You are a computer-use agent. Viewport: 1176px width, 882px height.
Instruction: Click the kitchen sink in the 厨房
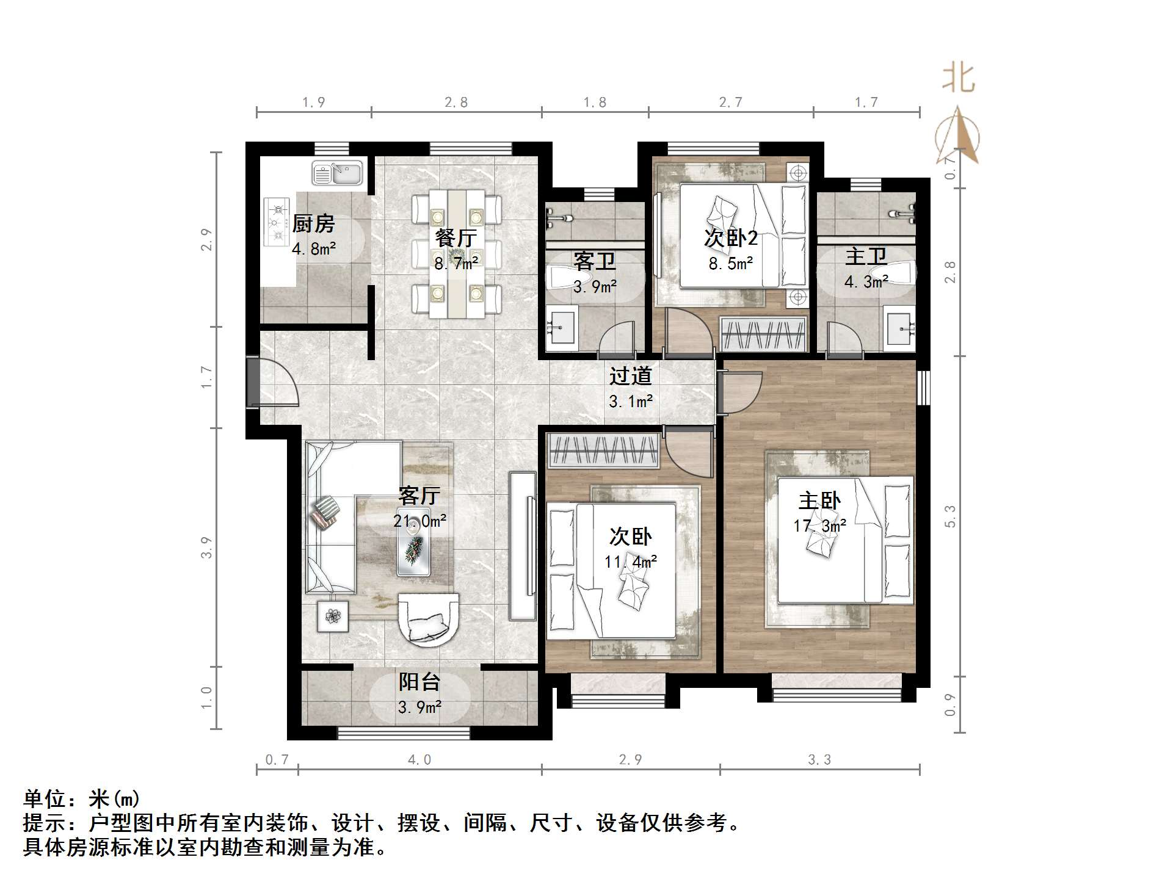coord(338,173)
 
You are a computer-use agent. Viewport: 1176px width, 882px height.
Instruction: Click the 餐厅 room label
coord(456,237)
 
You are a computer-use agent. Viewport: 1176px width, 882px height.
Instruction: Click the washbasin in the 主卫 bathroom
coord(901,329)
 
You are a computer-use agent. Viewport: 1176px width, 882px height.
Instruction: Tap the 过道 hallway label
coord(630,376)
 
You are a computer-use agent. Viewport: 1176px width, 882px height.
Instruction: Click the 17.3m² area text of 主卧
coord(819,526)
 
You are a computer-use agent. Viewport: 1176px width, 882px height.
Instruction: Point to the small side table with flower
coord(333,616)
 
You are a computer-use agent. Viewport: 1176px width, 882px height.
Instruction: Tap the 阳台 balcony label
coord(419,682)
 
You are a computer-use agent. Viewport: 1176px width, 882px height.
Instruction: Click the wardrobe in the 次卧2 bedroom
coord(764,334)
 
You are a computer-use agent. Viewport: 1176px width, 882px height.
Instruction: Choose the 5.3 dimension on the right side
coord(950,516)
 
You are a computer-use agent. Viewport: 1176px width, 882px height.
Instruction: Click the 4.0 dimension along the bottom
coord(419,760)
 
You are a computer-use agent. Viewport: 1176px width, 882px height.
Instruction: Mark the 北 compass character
coord(959,79)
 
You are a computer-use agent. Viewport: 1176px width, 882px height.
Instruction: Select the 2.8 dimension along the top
coord(456,103)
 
